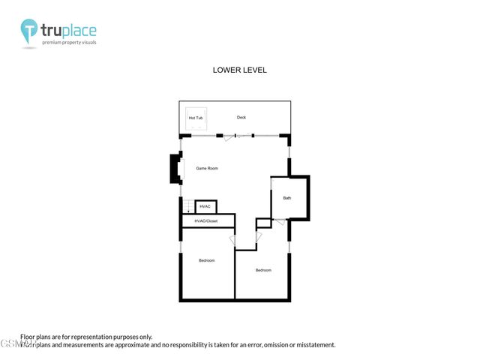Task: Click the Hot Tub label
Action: pyautogui.click(x=196, y=118)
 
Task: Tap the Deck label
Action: pyautogui.click(x=241, y=118)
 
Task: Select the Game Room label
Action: pyautogui.click(x=207, y=169)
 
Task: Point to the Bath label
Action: pyautogui.click(x=287, y=198)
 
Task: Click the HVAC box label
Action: pyautogui.click(x=205, y=206)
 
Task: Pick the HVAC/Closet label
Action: pyautogui.click(x=206, y=221)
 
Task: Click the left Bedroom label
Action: pyautogui.click(x=207, y=260)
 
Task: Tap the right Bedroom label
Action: pyautogui.click(x=263, y=270)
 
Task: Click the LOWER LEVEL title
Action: pyautogui.click(x=240, y=70)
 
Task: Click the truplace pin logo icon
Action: pyautogui.click(x=30, y=31)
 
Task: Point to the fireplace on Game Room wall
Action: pyautogui.click(x=175, y=169)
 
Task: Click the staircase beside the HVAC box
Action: pyautogui.click(x=187, y=207)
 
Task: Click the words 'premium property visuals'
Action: pyautogui.click(x=70, y=43)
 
